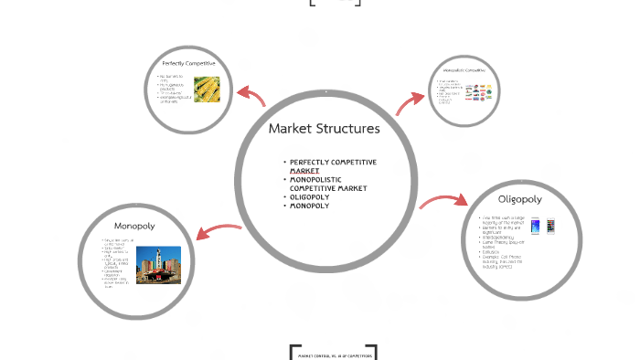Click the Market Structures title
click(324, 128)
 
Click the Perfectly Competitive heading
click(188, 62)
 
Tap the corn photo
click(207, 89)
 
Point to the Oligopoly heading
click(519, 198)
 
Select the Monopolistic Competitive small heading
click(464, 70)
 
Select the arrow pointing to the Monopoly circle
click(218, 232)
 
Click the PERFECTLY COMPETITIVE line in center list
click(333, 162)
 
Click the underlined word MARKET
click(304, 171)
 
